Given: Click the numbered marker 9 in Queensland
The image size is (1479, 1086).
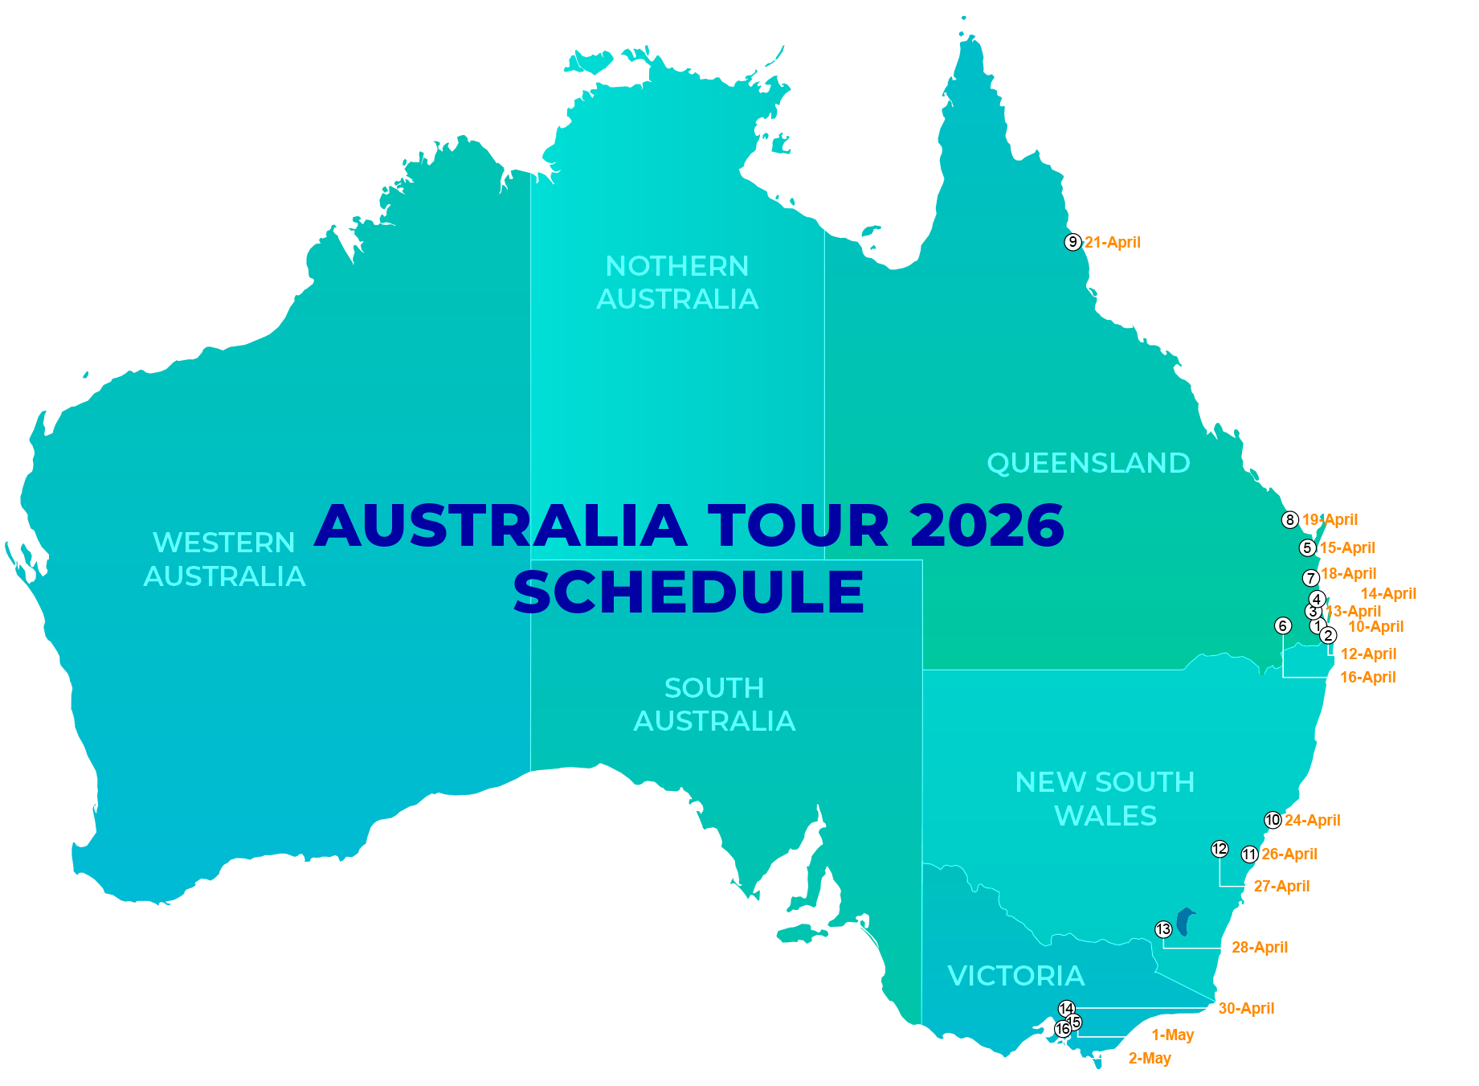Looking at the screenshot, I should (x=1072, y=242).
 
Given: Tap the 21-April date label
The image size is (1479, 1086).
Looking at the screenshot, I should (x=1113, y=243).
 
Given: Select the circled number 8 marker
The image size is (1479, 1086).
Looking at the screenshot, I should (x=1290, y=520).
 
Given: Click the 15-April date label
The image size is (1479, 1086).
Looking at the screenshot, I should (x=1347, y=548).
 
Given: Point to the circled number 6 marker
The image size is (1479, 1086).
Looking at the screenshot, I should (x=1283, y=625).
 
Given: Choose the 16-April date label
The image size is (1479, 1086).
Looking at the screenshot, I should (x=1367, y=678).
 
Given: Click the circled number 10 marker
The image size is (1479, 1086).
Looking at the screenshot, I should (x=1273, y=820).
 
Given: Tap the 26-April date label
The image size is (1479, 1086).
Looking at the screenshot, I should (x=1289, y=854).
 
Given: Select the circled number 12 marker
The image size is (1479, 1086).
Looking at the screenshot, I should (x=1220, y=849).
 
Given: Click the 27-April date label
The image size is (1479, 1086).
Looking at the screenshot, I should (x=1281, y=887).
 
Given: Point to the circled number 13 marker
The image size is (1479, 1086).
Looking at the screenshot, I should (x=1163, y=929).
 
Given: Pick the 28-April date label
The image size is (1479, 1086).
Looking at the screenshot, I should (x=1260, y=948).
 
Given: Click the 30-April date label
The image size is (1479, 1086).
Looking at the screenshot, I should (x=1246, y=1009).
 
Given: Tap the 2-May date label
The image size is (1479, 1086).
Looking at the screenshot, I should (x=1150, y=1059).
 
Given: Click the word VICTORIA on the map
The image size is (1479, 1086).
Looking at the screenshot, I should (x=1015, y=976).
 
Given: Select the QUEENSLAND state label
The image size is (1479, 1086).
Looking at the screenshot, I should (x=1088, y=463).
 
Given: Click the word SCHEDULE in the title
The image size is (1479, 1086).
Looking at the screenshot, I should (x=688, y=592).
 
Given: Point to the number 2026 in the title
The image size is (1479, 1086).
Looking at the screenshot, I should (x=987, y=526).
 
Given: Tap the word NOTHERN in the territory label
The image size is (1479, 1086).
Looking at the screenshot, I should (x=676, y=266).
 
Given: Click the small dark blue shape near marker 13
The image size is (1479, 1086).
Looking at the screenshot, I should (x=1184, y=921).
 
